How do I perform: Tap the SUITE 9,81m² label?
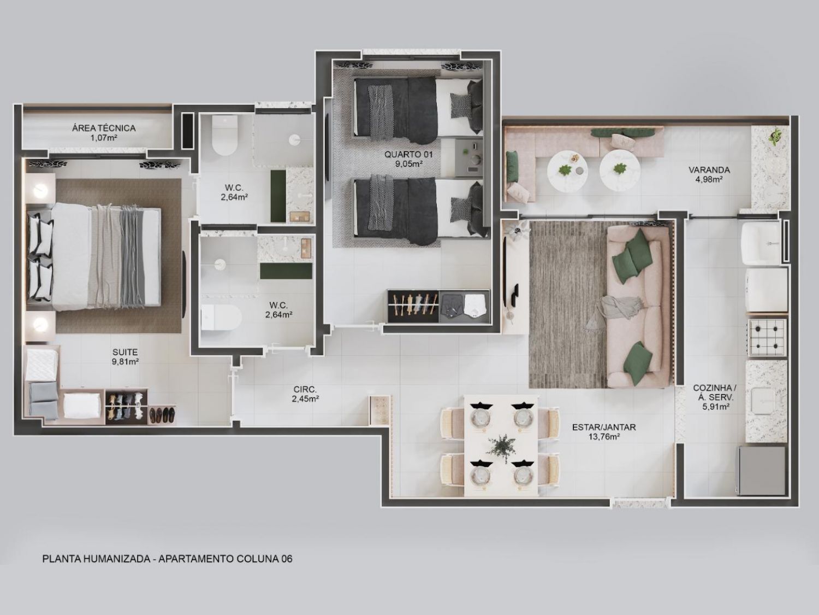pyautogui.click(x=126, y=356)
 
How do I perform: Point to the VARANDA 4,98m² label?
pyautogui.click(x=709, y=174)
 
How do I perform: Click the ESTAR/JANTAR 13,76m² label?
pyautogui.click(x=604, y=432)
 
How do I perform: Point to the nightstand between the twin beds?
pyautogui.click(x=468, y=157)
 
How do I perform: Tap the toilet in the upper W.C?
pyautogui.click(x=224, y=135)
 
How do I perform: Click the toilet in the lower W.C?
pyautogui.click(x=221, y=318)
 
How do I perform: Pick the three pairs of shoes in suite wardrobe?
pyautogui.click(x=162, y=414)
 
